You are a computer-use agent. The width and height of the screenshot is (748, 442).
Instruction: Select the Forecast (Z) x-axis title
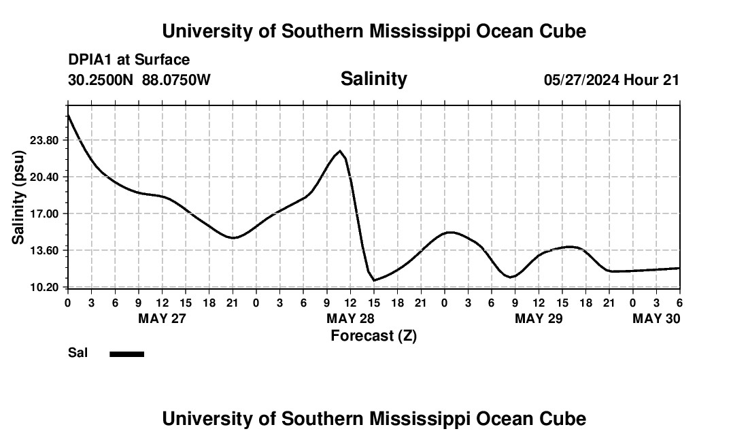coord(373,335)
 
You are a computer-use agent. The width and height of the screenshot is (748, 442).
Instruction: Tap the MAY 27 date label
coord(162,318)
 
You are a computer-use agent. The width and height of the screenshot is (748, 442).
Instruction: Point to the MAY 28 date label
coord(350,318)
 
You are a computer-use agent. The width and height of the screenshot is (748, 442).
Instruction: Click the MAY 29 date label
coord(539,318)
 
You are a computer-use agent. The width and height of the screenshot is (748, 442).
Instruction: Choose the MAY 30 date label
coord(656,318)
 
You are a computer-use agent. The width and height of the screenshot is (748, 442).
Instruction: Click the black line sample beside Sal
coord(127,354)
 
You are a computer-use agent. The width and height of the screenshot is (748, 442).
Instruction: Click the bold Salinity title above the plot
coord(373,79)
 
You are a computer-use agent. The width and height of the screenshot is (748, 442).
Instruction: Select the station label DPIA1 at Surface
coord(129,60)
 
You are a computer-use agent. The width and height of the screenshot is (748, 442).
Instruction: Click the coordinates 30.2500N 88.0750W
coord(139,80)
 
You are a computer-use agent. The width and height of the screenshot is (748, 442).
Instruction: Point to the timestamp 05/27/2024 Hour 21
coord(611,80)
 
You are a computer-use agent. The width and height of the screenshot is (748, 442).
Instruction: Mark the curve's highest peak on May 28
coord(339,151)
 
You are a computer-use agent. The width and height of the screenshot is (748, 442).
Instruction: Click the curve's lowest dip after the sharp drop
coord(374,280)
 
